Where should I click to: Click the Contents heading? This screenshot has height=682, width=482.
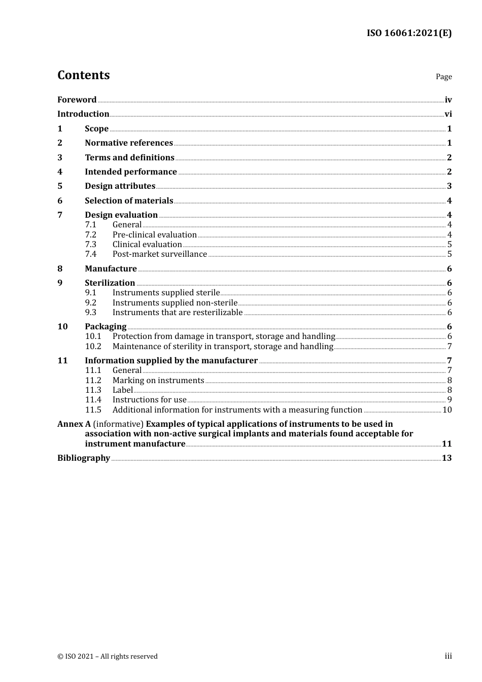click(x=83, y=75)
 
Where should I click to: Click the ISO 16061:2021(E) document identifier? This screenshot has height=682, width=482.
click(x=409, y=33)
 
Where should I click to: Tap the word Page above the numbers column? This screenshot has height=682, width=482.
click(x=443, y=77)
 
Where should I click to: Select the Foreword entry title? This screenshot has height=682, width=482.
click(x=77, y=100)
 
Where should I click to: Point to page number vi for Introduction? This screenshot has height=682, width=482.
click(x=448, y=114)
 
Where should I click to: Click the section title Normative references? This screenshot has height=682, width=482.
click(x=129, y=143)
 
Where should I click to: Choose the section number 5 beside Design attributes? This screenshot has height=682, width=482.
click(x=60, y=186)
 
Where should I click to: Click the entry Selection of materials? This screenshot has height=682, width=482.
click(x=129, y=201)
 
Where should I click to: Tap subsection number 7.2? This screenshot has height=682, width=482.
click(x=91, y=235)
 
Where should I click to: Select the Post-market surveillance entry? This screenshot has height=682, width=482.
click(x=160, y=254)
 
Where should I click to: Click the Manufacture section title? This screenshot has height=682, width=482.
click(x=111, y=269)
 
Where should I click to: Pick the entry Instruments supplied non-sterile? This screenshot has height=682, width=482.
click(x=175, y=303)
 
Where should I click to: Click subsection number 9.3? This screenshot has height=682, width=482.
click(x=91, y=313)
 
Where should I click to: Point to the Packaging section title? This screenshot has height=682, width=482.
click(x=106, y=327)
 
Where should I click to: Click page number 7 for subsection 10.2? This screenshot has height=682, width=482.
click(x=450, y=347)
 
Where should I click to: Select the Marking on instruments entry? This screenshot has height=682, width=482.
click(x=158, y=381)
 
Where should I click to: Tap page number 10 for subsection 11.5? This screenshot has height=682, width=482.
click(x=447, y=410)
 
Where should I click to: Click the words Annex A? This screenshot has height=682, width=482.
click(x=71, y=424)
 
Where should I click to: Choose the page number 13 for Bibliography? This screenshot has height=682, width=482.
click(x=446, y=458)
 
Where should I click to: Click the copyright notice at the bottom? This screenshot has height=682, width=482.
click(x=108, y=657)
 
